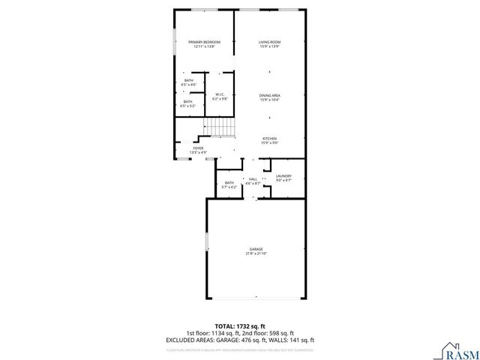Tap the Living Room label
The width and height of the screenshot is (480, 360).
pyautogui.click(x=269, y=42)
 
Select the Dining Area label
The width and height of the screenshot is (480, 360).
pyautogui.click(x=269, y=95)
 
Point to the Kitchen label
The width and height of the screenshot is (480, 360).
pyautogui.click(x=269, y=138)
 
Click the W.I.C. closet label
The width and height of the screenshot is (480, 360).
pyautogui.click(x=219, y=94)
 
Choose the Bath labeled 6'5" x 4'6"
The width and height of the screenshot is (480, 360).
pyautogui.click(x=187, y=81)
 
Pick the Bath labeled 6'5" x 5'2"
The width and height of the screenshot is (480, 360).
pyautogui.click(x=187, y=102)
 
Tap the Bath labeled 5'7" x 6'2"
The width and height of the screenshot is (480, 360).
pyautogui.click(x=229, y=182)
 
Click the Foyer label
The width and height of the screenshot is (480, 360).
pyautogui.click(x=198, y=148)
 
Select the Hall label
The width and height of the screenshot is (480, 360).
pyautogui.click(x=253, y=178)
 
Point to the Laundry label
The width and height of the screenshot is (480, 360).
pyautogui.click(x=283, y=175)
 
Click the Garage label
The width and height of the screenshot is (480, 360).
pyautogui.click(x=256, y=249)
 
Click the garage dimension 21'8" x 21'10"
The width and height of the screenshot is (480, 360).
pyautogui.click(x=256, y=254)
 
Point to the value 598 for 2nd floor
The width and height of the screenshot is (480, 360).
pyautogui.click(x=271, y=332)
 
